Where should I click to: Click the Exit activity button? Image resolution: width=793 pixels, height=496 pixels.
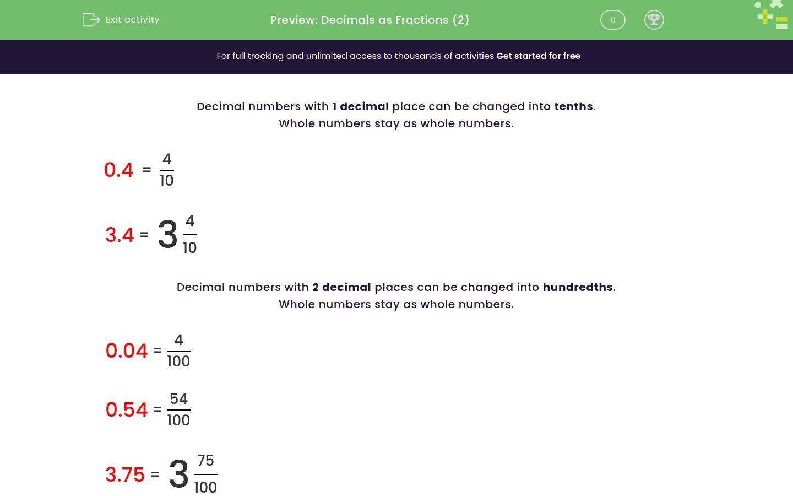[x=121, y=20]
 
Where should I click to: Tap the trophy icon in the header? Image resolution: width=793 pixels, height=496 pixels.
[x=654, y=20]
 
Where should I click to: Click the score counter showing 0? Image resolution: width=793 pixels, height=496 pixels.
[x=612, y=20]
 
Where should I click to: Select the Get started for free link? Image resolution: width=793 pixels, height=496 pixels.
[x=538, y=56]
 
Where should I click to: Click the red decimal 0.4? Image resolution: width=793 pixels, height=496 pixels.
[x=118, y=170]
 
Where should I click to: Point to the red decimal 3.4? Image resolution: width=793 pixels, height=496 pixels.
[x=120, y=235]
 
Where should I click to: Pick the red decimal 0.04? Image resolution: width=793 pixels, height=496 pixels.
[x=127, y=351]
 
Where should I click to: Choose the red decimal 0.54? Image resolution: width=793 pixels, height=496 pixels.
[x=127, y=409]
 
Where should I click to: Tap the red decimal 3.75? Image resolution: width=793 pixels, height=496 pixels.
[x=125, y=475]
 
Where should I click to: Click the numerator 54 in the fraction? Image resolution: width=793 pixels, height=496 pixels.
[x=178, y=398]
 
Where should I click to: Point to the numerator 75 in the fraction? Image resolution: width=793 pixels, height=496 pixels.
[x=205, y=460]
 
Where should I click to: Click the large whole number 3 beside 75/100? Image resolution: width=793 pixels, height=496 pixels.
[x=178, y=474]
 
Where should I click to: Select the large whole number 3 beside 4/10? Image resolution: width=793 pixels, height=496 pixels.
[x=167, y=235]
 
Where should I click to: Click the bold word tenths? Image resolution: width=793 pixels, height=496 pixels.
[x=573, y=106]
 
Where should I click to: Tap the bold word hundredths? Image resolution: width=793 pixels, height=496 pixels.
[x=578, y=287]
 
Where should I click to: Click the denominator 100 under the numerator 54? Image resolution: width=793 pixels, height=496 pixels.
[x=178, y=420]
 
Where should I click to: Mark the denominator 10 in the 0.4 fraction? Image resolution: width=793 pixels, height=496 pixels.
[x=166, y=181]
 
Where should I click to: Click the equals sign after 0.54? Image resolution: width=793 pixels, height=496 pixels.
[x=157, y=409]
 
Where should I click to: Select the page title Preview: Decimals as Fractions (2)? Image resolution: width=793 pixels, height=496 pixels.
[x=370, y=20]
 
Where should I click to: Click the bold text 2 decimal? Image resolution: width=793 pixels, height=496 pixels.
[x=341, y=287]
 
